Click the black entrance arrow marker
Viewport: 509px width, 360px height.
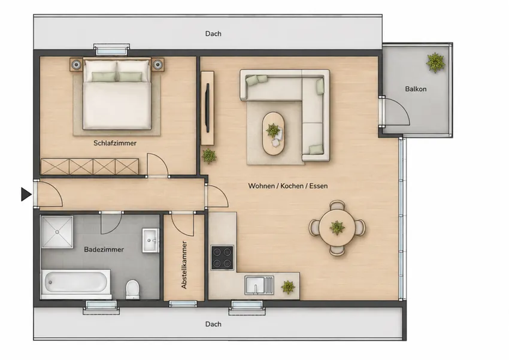click(x=26, y=194)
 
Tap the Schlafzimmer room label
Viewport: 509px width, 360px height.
click(x=115, y=143)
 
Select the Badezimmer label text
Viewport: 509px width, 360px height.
click(x=104, y=249)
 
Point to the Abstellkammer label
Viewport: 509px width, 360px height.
click(x=184, y=265)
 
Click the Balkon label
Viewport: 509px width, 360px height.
click(x=416, y=89)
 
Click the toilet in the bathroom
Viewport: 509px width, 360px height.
click(x=132, y=289)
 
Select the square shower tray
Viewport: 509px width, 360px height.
click(x=57, y=232)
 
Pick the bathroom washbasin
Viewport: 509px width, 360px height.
click(x=151, y=240)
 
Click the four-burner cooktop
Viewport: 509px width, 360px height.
click(x=222, y=258)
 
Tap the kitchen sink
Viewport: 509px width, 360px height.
click(x=259, y=285)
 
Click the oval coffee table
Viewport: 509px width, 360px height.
click(x=273, y=134)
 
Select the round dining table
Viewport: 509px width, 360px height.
click(x=337, y=228)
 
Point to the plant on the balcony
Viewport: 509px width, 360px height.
click(x=435, y=62)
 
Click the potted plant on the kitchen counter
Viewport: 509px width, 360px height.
click(x=288, y=287)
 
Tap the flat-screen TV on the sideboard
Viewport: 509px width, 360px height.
click(x=207, y=107)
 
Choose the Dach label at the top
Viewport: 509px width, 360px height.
click(x=213, y=34)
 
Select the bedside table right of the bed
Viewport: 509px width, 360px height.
click(x=157, y=65)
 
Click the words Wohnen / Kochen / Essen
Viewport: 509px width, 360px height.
click(x=287, y=186)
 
